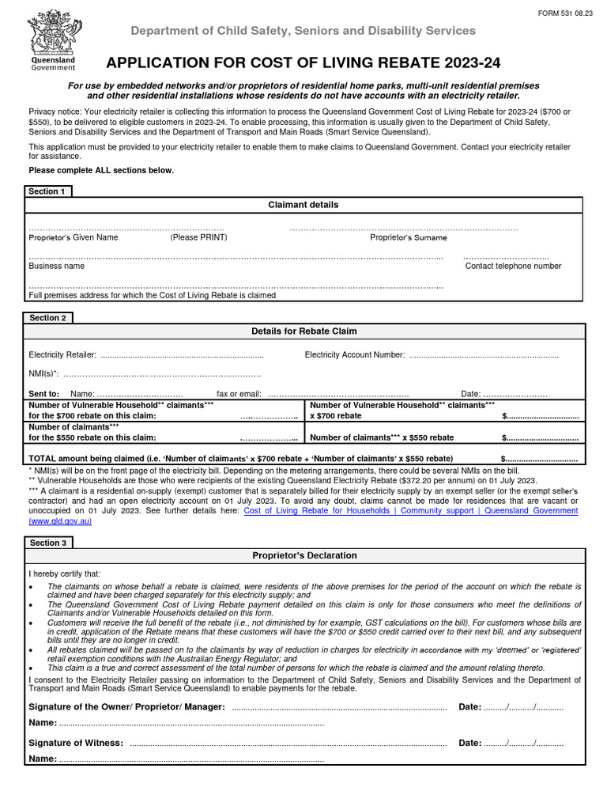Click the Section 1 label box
click(x=48, y=191)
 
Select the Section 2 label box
click(x=48, y=317)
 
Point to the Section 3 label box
click(x=48, y=543)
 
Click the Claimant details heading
click(x=304, y=205)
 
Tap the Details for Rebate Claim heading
click(x=304, y=331)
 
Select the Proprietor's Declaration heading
click(x=304, y=556)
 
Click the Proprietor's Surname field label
click(x=408, y=237)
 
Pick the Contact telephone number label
click(x=513, y=267)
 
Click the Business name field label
click(x=57, y=267)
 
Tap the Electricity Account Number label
click(x=355, y=355)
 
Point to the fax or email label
click(x=239, y=394)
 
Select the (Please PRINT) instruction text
click(x=198, y=237)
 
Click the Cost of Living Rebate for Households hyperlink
click(x=411, y=511)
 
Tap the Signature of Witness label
click(x=76, y=743)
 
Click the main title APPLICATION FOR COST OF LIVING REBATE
click(x=303, y=63)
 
